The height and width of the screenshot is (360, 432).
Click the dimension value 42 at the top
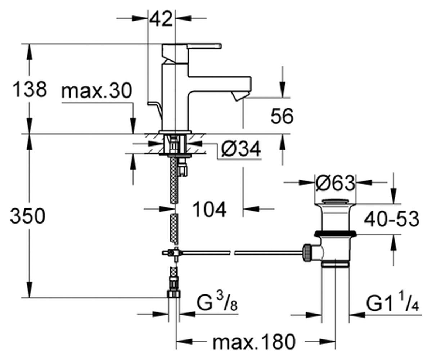[x=161, y=19]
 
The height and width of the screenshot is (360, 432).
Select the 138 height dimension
[x=30, y=89]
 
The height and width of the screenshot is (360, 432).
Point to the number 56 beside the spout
[x=282, y=116]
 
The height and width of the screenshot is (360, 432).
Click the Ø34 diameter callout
[x=241, y=149]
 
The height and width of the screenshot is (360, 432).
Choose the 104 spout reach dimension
[x=210, y=210]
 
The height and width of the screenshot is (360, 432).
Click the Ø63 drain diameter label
[x=336, y=183]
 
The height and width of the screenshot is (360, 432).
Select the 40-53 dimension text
[x=391, y=219]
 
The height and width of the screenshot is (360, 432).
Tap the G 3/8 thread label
[x=217, y=303]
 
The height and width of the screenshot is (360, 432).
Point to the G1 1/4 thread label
[x=392, y=303]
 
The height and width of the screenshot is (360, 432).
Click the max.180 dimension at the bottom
[x=254, y=342]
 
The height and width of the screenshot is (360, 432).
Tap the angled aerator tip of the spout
[x=240, y=96]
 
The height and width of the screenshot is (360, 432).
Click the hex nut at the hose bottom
[x=174, y=294]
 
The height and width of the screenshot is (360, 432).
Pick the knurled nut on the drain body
[x=307, y=253]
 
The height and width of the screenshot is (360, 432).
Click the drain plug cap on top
[x=335, y=201]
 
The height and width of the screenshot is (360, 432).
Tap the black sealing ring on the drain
[x=335, y=234]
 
